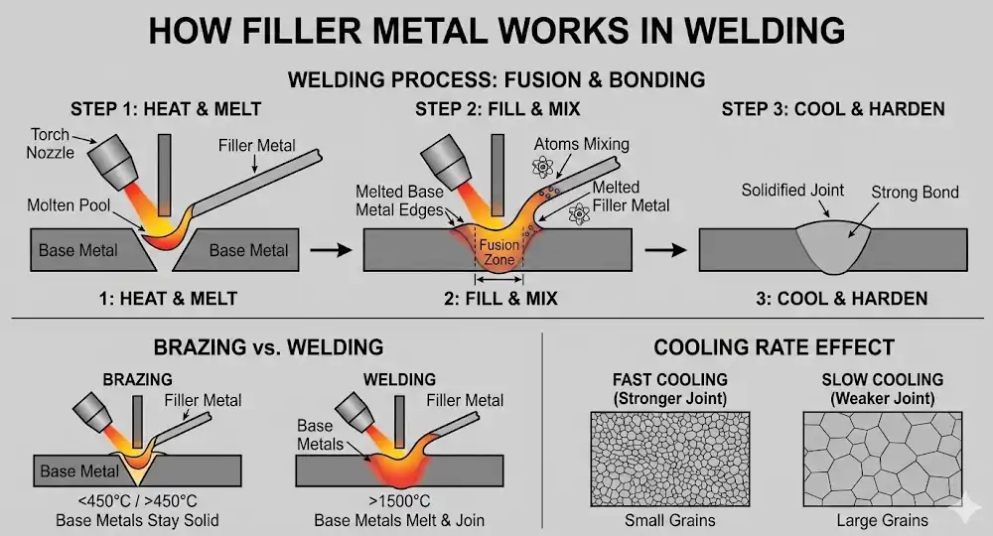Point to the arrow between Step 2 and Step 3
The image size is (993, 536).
664,249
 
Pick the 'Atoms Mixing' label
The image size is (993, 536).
581,144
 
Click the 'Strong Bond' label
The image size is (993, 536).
915,192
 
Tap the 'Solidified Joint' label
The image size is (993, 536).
793,190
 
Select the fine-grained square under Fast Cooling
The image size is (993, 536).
670,457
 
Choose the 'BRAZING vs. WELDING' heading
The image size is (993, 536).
268,347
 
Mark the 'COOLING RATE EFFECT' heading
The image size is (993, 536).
774,347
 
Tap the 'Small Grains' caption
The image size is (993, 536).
669,520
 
